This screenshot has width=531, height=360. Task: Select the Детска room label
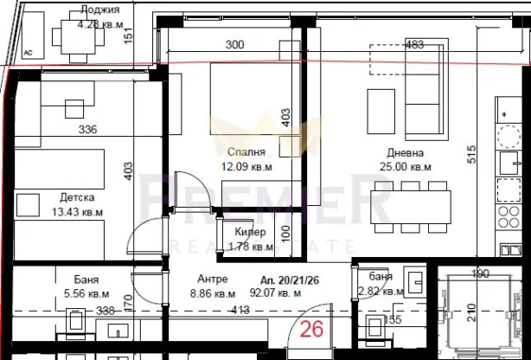(x=77, y=196)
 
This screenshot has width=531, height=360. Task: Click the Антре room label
(x=212, y=279)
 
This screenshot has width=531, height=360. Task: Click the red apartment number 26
(x=311, y=329)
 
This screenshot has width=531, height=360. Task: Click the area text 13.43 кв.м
(x=77, y=211)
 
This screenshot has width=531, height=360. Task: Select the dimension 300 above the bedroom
(x=235, y=46)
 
